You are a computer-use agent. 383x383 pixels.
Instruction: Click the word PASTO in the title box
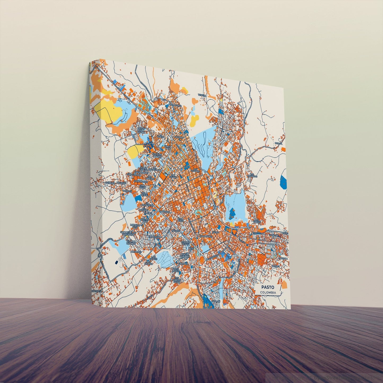pyautogui.click(x=268, y=287)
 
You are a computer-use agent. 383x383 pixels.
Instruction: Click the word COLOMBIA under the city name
pyautogui.click(x=268, y=293)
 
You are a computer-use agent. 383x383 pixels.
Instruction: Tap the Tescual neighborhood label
pyautogui.click(x=202, y=95)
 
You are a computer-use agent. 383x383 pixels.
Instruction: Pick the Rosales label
pyautogui.click(x=127, y=191)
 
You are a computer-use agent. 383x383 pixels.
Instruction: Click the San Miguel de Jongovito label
pyautogui.click(x=128, y=234)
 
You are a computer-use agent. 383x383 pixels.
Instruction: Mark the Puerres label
pyautogui.click(x=276, y=266)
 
